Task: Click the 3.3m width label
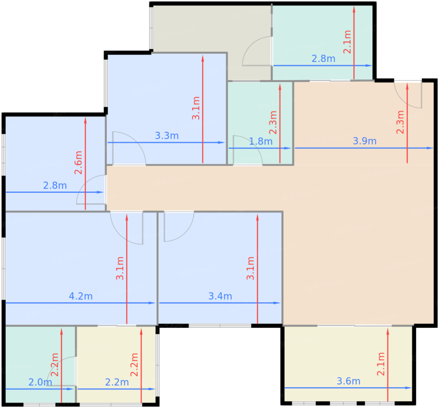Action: pos(167,136)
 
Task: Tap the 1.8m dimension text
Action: pos(261,141)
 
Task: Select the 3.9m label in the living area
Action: pos(365,141)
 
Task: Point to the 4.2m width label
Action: pos(81,296)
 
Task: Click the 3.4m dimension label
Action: pos(220,296)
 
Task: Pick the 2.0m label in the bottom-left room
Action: pos(40,382)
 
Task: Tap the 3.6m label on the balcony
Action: pos(348,381)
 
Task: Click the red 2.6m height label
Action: pos(78,163)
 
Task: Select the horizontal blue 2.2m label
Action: pos(117,382)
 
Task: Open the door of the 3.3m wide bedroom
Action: pos(127,147)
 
